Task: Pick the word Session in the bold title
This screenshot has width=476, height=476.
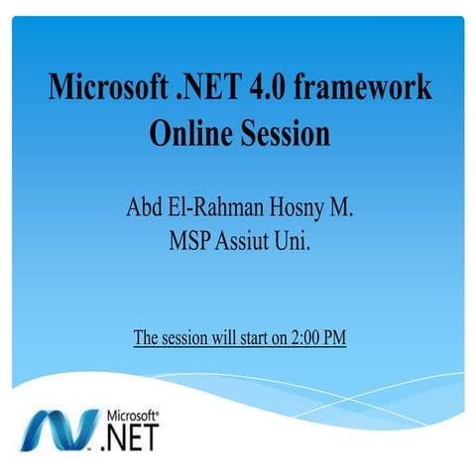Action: (x=286, y=132)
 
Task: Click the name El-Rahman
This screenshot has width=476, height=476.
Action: (x=214, y=209)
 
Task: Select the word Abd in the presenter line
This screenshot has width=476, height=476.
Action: (x=145, y=209)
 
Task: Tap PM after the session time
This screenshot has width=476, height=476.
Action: (x=335, y=338)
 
